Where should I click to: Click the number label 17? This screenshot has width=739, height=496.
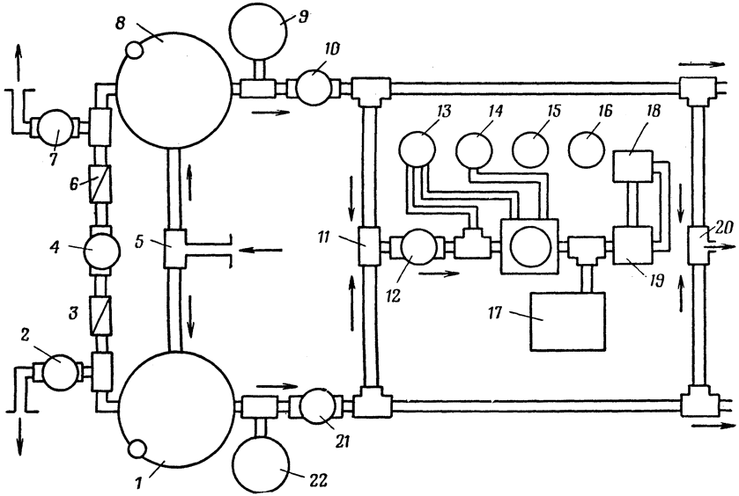(x=495, y=312)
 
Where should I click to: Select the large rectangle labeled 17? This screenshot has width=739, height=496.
(x=567, y=321)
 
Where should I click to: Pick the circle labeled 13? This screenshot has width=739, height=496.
(x=418, y=150)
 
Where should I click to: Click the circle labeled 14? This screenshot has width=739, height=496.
(x=474, y=150)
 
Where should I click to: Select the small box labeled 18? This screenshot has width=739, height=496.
(x=633, y=166)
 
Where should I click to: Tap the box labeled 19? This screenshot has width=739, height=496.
(x=633, y=245)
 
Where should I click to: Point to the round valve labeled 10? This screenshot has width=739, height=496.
(x=314, y=87)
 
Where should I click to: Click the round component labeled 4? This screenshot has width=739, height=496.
(x=101, y=251)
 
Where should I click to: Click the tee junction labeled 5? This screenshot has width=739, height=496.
(x=176, y=247)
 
